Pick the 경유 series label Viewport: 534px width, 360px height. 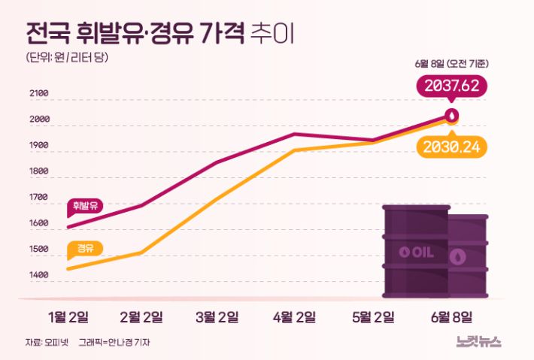pos(85,247)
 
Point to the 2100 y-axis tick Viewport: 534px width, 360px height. pos(38,94)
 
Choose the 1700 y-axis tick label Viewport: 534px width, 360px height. pos(38,198)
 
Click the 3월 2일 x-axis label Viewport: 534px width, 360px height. pos(217,316)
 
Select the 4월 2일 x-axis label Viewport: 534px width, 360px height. pos(293,316)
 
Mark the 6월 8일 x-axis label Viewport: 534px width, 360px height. pos(451,316)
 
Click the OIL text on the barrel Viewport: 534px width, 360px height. pos(416,252)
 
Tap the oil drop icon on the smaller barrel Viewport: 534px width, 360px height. pos(457,257)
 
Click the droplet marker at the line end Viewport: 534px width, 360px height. pos(451,116)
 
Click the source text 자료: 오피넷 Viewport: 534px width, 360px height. pos(46,343)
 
